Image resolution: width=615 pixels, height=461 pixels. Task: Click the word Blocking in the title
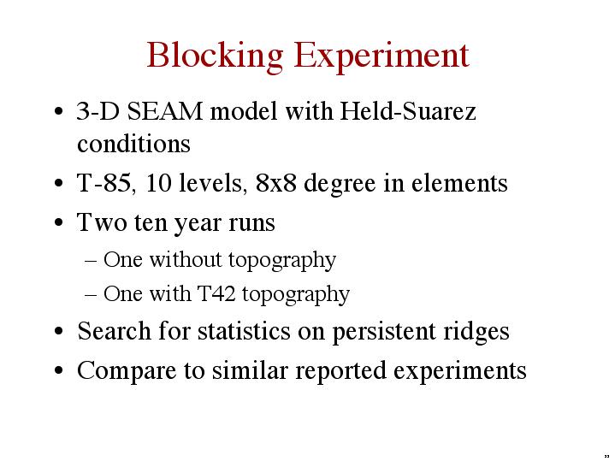[x=215, y=56]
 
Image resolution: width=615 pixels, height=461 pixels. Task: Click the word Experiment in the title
[x=381, y=56]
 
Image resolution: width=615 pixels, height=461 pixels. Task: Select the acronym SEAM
[x=165, y=111]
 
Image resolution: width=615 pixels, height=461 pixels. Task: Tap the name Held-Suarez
[x=408, y=110]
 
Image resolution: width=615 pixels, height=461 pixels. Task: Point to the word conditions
[x=133, y=143]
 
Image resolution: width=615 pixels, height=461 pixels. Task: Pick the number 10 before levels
[x=158, y=183]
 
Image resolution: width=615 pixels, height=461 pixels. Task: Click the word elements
[x=459, y=183]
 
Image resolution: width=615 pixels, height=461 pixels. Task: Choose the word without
[x=186, y=259]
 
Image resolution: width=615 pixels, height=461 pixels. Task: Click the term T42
[x=216, y=293]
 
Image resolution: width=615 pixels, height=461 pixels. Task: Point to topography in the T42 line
[x=296, y=295]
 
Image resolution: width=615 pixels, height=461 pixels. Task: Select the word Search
[x=114, y=331]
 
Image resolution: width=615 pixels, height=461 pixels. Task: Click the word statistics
[x=244, y=331]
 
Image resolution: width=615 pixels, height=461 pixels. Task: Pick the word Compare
[x=127, y=371]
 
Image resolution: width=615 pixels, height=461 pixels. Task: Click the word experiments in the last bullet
[x=459, y=371]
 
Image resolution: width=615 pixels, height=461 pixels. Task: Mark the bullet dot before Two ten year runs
[x=59, y=222]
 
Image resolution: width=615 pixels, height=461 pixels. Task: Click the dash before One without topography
[x=91, y=261]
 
